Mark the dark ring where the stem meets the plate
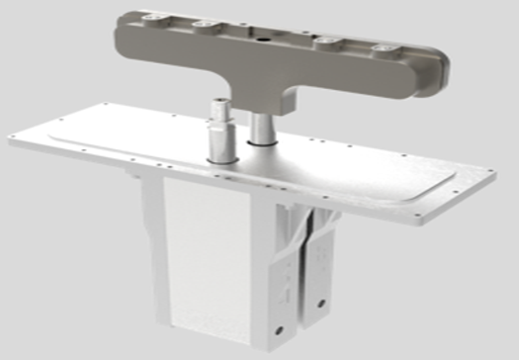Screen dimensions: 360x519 (261, 145)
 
